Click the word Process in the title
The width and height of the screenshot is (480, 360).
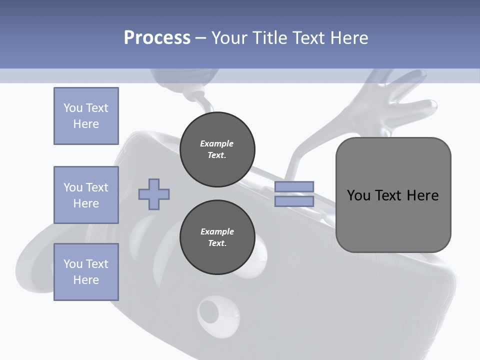click(157, 38)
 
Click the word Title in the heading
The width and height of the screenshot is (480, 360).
click(269, 38)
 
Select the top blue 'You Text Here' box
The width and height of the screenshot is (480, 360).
click(86, 116)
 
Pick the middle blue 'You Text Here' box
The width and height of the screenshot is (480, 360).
click(86, 195)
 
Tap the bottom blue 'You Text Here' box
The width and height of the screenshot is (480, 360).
click(86, 272)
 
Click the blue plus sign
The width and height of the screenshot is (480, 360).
click(154, 194)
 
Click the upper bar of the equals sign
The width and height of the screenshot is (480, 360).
click(294, 187)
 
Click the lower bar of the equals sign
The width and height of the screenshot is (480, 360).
click(294, 201)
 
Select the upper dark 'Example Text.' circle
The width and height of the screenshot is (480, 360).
click(217, 149)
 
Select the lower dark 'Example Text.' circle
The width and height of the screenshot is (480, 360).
click(217, 237)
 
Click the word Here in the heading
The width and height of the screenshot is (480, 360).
click(348, 38)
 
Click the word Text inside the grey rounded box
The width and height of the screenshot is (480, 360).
click(389, 195)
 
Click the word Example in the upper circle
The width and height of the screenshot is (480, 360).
click(216, 143)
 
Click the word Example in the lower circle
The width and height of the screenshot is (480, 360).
click(216, 231)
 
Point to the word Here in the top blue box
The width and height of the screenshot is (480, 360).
click(86, 124)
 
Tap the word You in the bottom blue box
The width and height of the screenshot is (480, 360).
click(73, 264)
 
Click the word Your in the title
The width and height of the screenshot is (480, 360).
click(229, 38)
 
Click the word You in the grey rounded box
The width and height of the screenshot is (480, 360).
click(358, 195)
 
